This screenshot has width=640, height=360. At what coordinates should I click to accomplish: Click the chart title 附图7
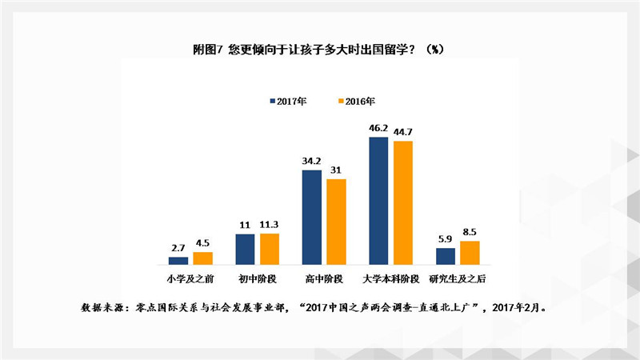click(x=320, y=49)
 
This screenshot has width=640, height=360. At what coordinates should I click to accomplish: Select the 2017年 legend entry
click(x=287, y=101)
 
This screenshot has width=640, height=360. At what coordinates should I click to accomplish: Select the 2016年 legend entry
click(x=355, y=101)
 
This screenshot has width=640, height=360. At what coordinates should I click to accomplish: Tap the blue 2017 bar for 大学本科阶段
click(x=378, y=201)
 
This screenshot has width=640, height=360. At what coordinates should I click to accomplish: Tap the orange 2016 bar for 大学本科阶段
click(x=402, y=203)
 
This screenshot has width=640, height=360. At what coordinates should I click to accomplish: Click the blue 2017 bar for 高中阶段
click(x=311, y=217)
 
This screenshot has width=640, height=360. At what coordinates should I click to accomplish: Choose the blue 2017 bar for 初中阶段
click(x=245, y=249)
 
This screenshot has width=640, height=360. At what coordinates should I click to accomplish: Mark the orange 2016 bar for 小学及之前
click(x=203, y=258)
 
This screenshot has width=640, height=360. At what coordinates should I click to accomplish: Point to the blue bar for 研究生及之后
click(x=446, y=256)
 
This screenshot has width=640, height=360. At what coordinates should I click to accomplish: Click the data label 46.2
click(x=378, y=128)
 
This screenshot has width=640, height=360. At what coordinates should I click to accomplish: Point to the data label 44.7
click(x=402, y=132)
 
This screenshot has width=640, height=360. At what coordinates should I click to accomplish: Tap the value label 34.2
click(x=311, y=161)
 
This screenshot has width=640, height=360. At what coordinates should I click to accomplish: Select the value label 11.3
click(x=270, y=225)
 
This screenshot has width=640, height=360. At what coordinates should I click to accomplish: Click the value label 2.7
click(x=178, y=248)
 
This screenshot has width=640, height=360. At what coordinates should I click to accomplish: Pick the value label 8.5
click(x=470, y=232)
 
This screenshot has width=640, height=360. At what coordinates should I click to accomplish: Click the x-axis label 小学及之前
click(x=190, y=278)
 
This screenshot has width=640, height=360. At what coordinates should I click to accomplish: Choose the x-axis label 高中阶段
click(x=323, y=278)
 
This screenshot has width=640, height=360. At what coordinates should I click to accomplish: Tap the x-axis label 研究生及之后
click(x=458, y=278)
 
